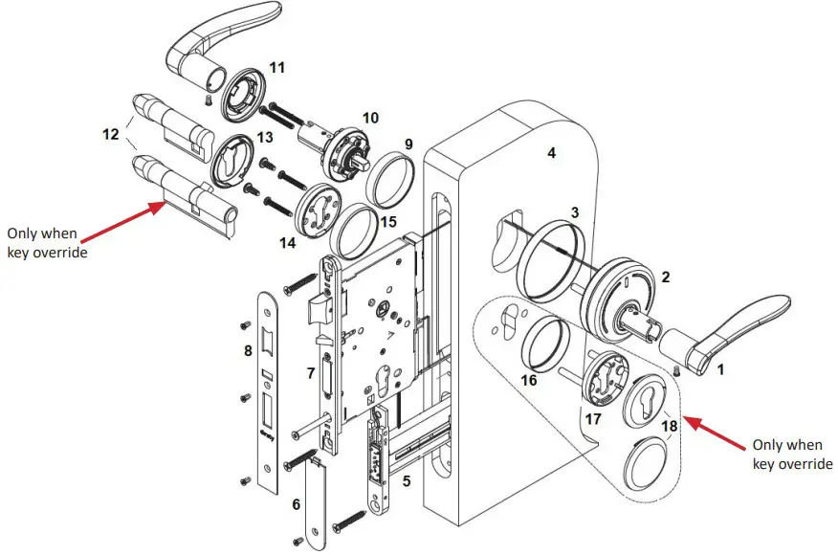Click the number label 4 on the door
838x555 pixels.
coord(551,153)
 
